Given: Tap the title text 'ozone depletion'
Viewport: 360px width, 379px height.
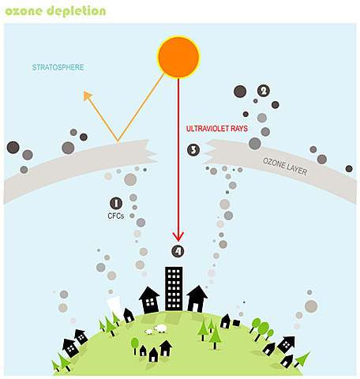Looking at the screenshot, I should [55, 11].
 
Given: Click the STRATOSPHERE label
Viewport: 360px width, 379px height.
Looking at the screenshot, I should [58, 67].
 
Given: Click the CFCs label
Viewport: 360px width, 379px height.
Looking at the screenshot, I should [116, 216].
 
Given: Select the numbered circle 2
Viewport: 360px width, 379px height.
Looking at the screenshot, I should [263, 91].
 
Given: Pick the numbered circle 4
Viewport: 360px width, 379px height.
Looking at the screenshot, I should [178, 251].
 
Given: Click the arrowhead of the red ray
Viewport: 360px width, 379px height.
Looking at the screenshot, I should [178, 236].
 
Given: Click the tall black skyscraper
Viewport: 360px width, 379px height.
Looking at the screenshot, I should [174, 289].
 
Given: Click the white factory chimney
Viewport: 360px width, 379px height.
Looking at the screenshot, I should [113, 305].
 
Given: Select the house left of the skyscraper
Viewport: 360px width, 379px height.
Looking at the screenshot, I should [149, 299].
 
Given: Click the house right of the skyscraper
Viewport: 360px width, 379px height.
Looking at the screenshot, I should [197, 298].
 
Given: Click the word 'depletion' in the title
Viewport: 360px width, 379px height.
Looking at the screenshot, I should [77, 11].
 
